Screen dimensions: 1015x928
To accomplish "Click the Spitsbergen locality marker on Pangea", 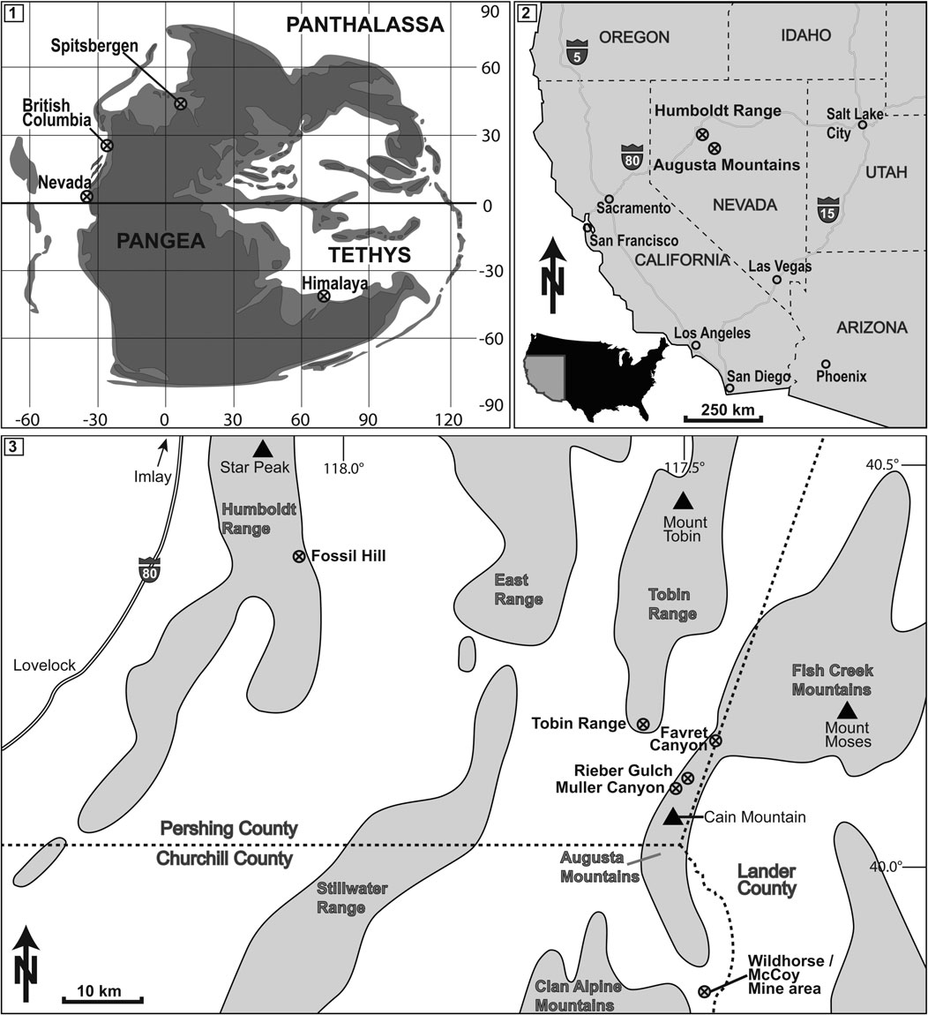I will (x=180, y=103).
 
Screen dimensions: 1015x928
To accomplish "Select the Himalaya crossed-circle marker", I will (x=324, y=297).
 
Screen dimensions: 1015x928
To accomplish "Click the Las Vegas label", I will (x=780, y=266).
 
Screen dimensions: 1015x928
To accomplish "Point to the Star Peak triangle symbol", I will (x=260, y=448).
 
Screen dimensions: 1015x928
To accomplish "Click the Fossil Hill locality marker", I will (x=298, y=556).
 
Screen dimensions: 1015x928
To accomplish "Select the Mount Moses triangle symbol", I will (x=847, y=709).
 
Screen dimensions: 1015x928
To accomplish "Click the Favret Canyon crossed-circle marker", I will (x=715, y=741).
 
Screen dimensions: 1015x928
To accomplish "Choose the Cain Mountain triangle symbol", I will (x=673, y=816).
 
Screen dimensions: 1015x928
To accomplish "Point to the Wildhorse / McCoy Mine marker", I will (x=704, y=991).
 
